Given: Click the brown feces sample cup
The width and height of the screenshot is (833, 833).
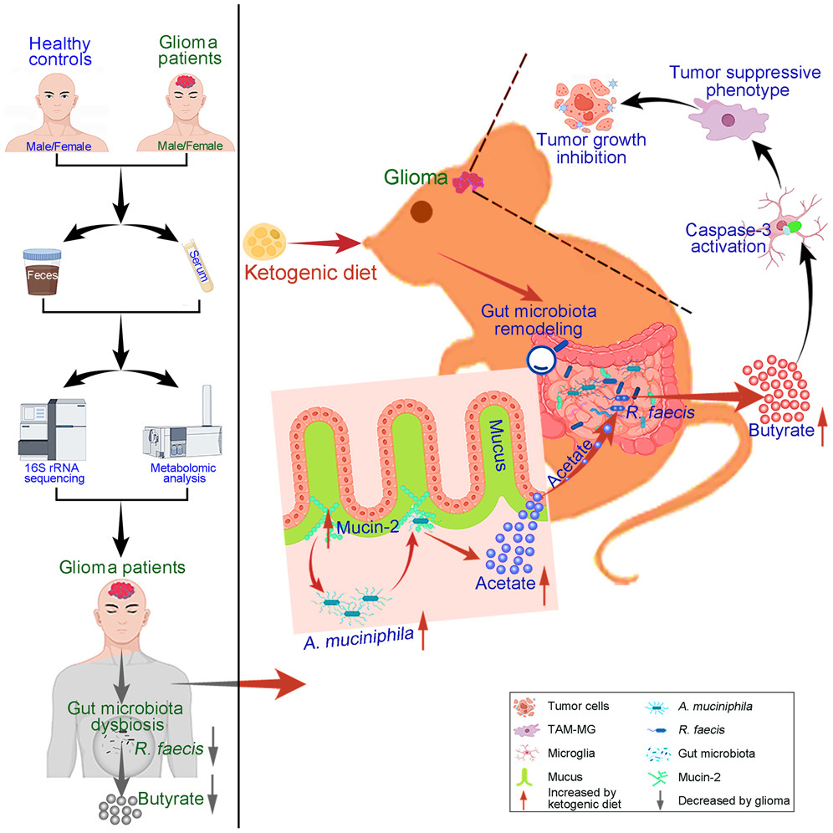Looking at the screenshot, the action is (42, 272).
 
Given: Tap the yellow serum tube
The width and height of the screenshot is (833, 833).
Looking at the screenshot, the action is (197, 265).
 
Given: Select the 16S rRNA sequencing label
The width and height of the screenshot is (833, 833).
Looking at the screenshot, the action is (54, 473).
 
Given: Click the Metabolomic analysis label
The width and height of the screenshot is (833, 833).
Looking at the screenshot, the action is (183, 473).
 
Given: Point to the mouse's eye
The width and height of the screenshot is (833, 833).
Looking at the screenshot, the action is (422, 212).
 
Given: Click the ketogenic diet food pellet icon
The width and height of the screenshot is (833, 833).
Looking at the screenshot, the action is (264, 242).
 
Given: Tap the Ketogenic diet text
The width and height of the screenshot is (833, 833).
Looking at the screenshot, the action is (311, 273).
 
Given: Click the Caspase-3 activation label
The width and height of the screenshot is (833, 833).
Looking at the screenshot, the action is (728, 238).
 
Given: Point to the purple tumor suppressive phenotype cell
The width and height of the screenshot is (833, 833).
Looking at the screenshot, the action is (728, 119).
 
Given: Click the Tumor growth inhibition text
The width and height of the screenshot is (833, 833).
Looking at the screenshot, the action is (590, 148).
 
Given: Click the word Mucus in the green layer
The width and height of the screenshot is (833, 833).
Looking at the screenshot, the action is (497, 445).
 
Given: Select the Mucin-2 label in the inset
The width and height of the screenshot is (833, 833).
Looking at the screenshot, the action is (368, 527).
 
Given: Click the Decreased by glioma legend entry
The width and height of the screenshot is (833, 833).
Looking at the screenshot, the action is (723, 800).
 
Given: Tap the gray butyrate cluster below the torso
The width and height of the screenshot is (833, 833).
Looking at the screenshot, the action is (120, 809).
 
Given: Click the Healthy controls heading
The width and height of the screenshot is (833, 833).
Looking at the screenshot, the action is (60, 51).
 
